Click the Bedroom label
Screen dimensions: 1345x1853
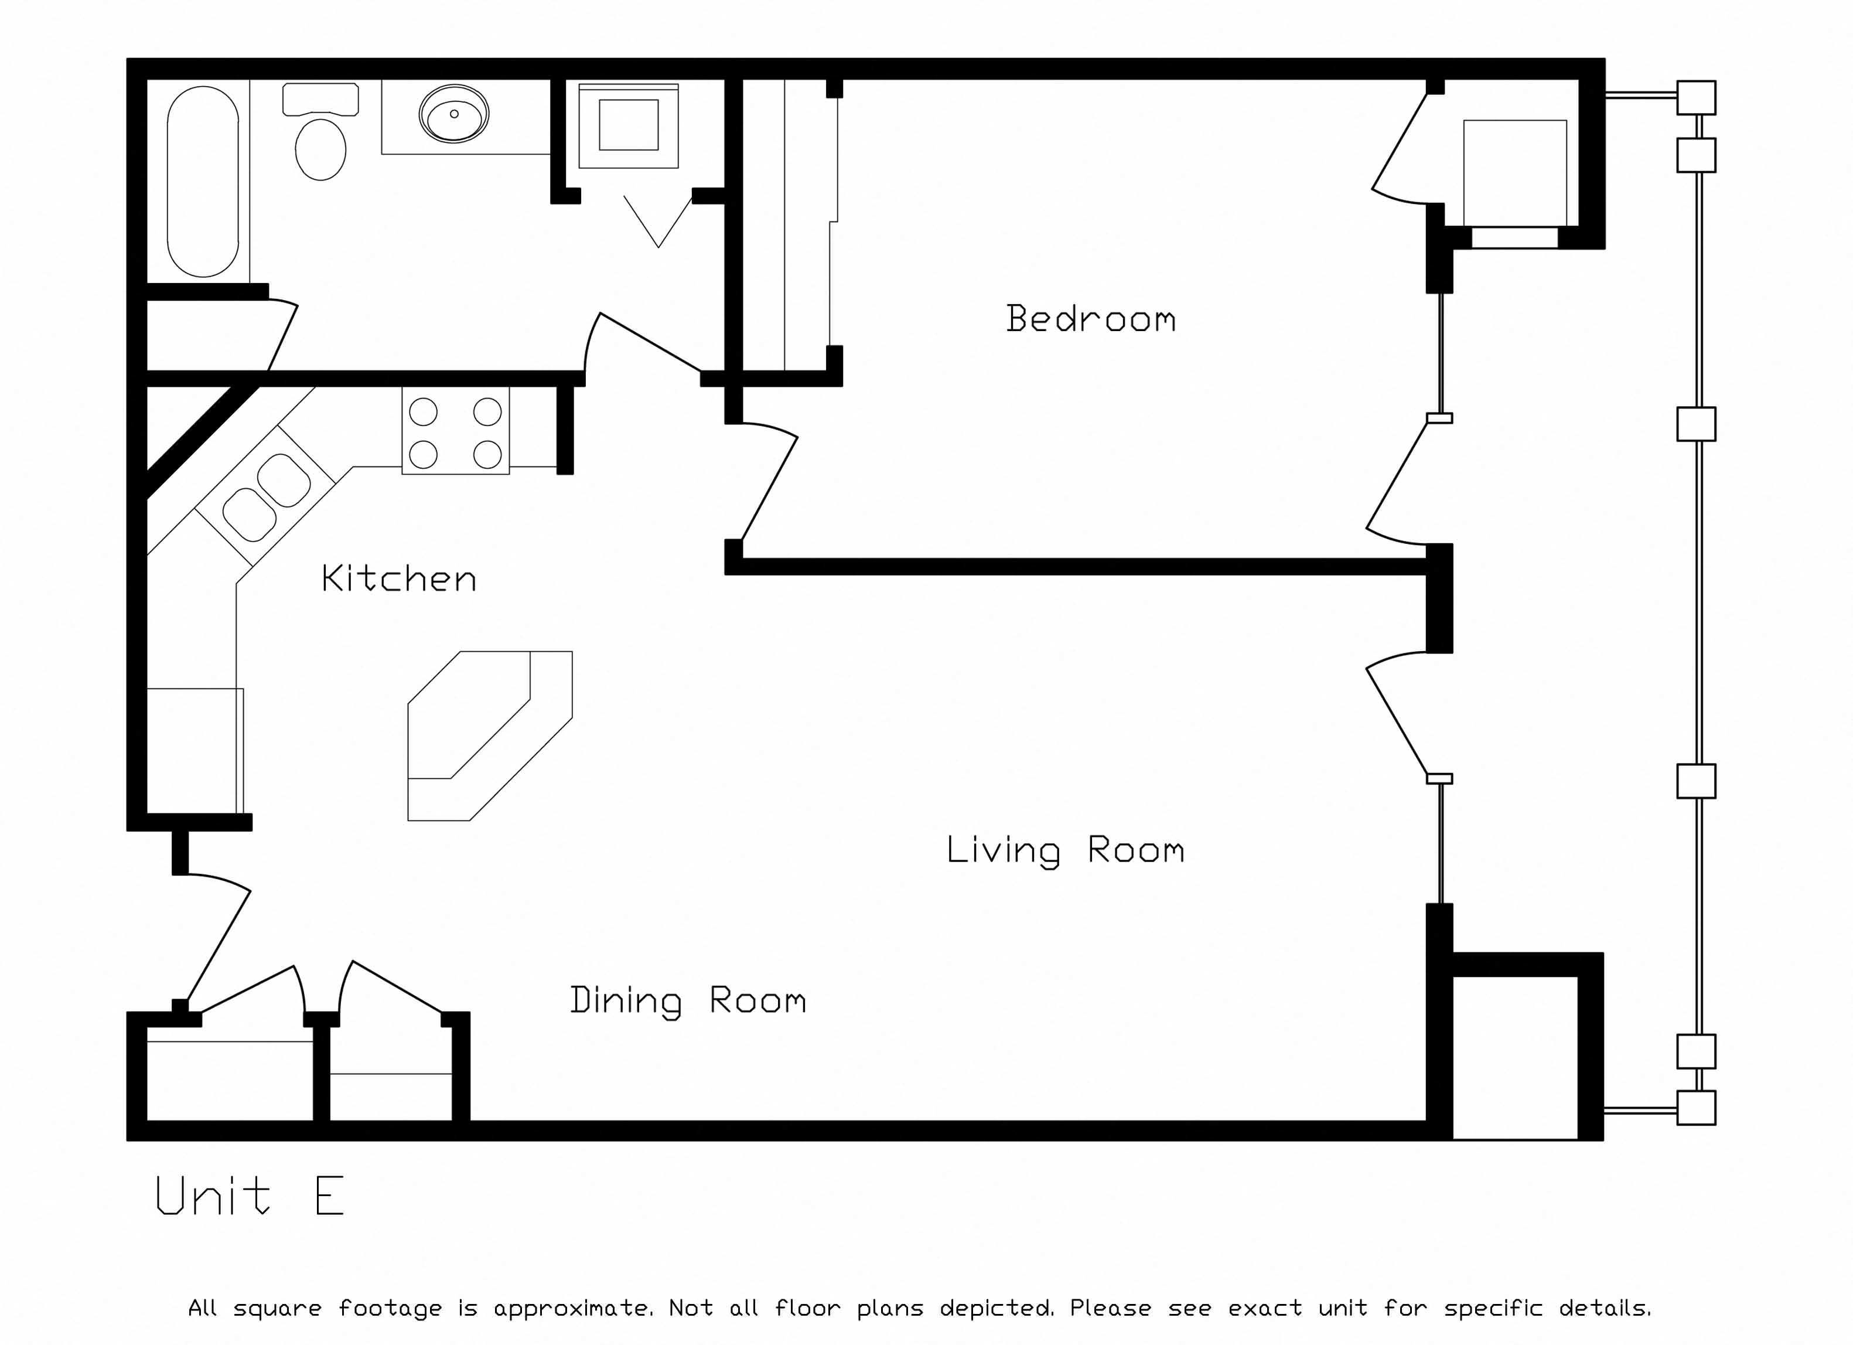1091,319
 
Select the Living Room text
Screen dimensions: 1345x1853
1064,850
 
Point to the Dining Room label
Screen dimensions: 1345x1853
688,1000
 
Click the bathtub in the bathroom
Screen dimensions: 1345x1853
203,182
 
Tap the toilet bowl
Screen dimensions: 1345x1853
320,149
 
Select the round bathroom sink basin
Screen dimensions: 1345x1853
454,114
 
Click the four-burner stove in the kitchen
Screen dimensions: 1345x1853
455,433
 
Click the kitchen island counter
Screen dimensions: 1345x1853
490,736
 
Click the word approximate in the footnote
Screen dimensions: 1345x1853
572,1308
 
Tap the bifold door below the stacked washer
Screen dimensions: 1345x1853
658,220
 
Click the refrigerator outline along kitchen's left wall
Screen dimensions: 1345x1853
194,751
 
